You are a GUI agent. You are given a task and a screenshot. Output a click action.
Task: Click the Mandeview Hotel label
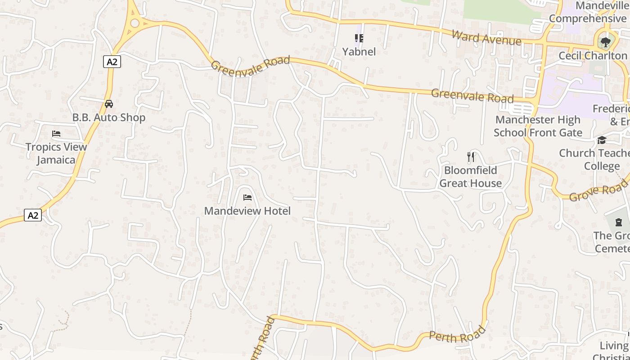pos(247,211)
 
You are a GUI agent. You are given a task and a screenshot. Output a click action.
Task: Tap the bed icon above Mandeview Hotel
pos(247,198)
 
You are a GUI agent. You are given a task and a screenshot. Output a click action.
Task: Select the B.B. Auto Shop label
pos(109,118)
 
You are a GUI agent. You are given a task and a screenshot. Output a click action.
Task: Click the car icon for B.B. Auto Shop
pos(109,104)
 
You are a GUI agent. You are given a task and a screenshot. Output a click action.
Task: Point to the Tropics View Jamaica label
pos(56,153)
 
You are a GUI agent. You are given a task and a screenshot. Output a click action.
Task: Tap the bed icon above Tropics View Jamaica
pos(56,134)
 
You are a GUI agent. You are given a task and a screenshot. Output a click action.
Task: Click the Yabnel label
pos(359,52)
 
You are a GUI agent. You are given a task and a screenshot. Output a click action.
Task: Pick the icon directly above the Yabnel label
pos(359,38)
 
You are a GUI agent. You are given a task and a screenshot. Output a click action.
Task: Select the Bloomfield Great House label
pos(470,177)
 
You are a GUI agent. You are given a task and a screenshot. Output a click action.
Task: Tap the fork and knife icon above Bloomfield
pos(471,157)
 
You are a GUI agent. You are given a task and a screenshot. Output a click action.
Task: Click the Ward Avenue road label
pos(486,38)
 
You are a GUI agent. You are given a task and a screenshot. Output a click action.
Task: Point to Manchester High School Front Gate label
pos(538,126)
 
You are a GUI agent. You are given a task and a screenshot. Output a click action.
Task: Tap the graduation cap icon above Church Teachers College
pos(602,140)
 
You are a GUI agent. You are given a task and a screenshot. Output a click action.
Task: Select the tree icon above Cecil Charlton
pos(606,42)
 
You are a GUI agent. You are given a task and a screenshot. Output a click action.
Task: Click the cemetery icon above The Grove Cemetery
pos(619,222)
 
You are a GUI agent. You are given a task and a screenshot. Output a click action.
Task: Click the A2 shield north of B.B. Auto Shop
pos(112,62)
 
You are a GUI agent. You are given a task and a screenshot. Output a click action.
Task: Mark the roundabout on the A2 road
pos(135,22)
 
